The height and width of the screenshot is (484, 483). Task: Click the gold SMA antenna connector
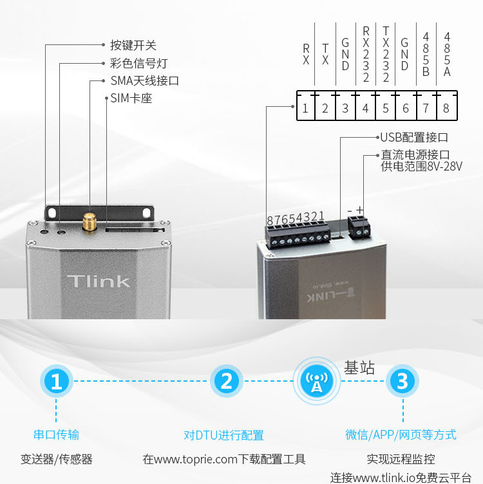[x=90, y=221]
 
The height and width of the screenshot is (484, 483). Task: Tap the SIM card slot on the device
[x=135, y=230]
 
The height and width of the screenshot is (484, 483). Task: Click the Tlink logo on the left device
[x=99, y=281]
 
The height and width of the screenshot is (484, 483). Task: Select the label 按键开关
[x=133, y=45]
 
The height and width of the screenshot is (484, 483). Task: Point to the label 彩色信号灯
[x=138, y=63]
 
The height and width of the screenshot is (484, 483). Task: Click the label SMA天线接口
[x=144, y=81]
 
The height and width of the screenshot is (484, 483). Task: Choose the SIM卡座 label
[x=131, y=98]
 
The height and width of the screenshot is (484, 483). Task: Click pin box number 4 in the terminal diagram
[x=365, y=108]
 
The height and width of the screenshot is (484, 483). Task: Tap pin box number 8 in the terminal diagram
[x=446, y=108]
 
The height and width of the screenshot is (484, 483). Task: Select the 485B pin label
[x=426, y=54]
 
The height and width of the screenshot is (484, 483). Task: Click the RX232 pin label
[x=366, y=54]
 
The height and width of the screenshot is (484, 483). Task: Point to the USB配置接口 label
[x=414, y=137]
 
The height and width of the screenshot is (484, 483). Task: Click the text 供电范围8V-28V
[x=422, y=166]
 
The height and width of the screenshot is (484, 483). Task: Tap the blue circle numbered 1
[x=56, y=381]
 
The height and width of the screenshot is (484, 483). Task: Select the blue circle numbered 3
[x=402, y=381]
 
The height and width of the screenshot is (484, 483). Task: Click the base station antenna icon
[x=317, y=381]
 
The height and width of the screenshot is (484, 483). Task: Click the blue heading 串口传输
[x=56, y=434]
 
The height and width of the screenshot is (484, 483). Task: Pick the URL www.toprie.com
[x=196, y=460]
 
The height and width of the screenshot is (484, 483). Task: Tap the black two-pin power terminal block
[x=359, y=227]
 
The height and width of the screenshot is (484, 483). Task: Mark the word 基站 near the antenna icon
[x=359, y=368]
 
